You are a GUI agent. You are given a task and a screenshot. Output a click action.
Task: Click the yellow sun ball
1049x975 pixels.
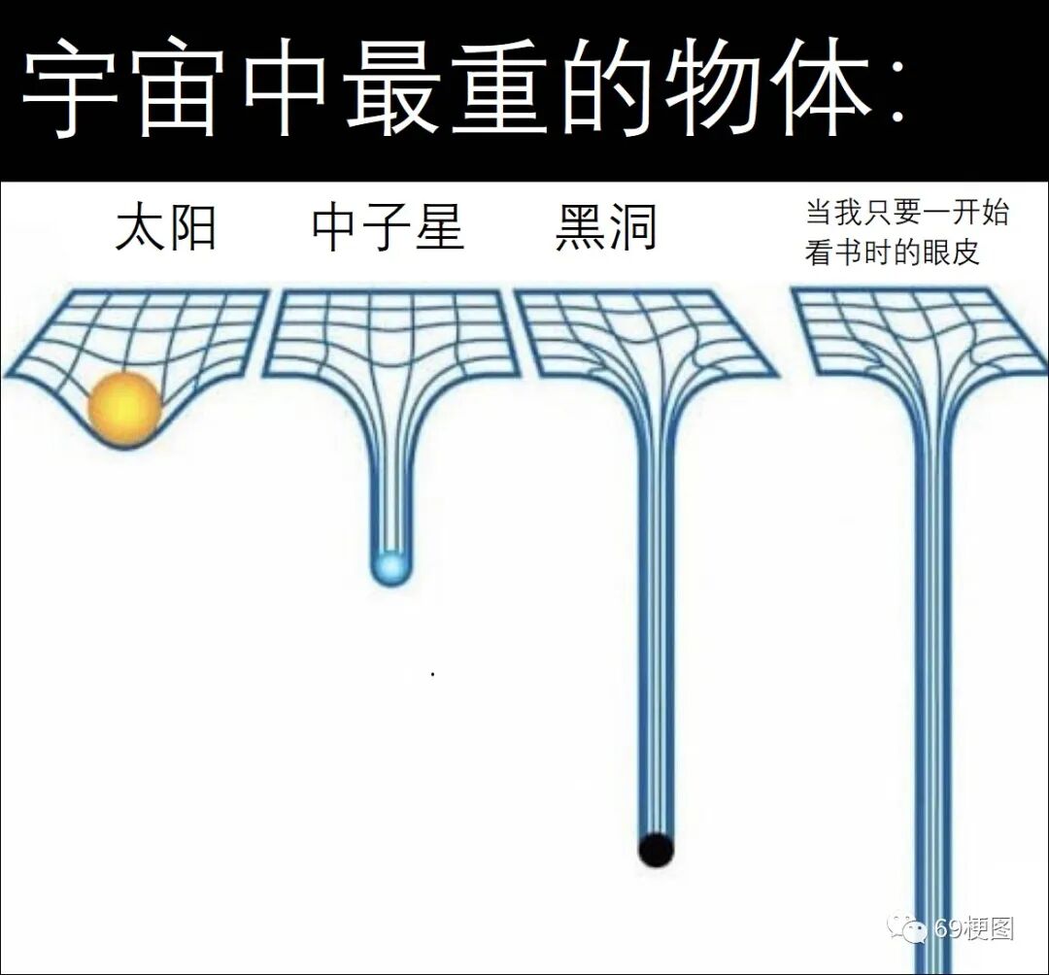[x=124, y=408]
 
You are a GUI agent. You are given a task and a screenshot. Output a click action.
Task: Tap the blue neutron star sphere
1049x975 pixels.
[x=390, y=566]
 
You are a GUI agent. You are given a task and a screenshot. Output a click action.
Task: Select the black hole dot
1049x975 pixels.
[x=656, y=849]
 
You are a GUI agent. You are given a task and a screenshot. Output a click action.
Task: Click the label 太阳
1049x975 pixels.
[x=165, y=229]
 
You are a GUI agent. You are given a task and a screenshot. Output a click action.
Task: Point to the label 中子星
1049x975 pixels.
[x=388, y=229]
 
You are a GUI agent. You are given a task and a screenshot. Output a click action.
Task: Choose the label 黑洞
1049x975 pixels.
[x=606, y=229]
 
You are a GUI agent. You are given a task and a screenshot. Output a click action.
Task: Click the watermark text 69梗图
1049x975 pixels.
[x=973, y=929]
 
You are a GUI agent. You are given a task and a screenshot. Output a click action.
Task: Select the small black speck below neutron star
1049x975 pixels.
[x=432, y=673]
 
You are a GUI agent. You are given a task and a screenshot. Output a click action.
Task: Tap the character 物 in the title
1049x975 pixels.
[x=714, y=89]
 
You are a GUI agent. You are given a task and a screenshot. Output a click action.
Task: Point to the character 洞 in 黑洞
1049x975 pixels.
[x=632, y=229]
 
